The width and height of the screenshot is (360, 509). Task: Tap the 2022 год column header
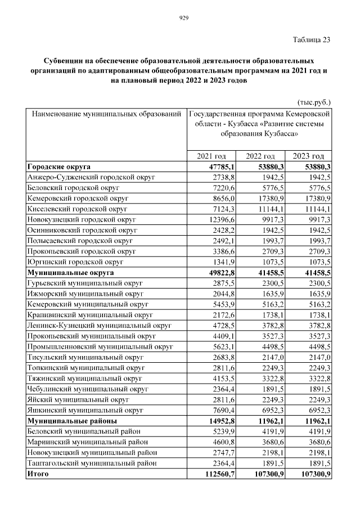pos(260,156)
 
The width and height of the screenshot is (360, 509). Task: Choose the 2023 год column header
pos(309,156)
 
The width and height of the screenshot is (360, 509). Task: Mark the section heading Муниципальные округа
pos(70,272)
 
